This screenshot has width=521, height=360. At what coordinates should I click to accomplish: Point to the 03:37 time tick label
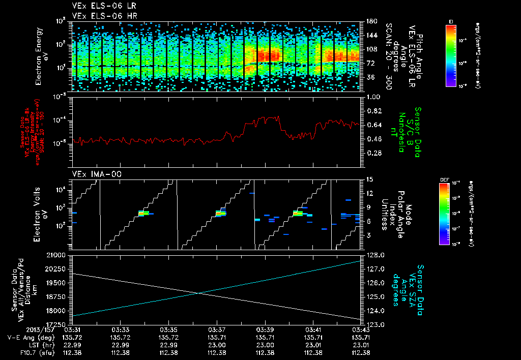[x=217, y=329]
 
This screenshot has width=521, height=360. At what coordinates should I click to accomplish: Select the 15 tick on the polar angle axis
[x=368, y=179]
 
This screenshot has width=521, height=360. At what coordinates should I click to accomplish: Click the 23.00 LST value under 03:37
[x=217, y=345]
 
